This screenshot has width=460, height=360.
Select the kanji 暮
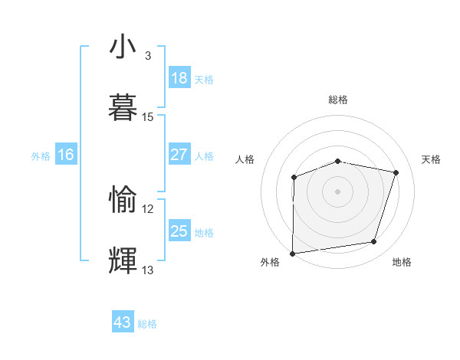[x=123, y=107]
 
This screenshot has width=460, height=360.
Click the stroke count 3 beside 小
[x=148, y=56]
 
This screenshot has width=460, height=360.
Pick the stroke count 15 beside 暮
[x=148, y=116]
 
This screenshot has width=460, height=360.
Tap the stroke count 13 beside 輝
[x=148, y=270]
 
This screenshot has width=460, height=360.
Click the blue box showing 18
[x=179, y=78]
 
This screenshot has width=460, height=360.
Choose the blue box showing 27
[x=179, y=155]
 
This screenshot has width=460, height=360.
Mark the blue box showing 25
[x=179, y=231]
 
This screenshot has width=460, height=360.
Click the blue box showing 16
[x=66, y=155]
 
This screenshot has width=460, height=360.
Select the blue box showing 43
[x=123, y=322]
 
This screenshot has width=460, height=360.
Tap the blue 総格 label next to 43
[x=147, y=324]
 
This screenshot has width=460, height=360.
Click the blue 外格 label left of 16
[x=41, y=156]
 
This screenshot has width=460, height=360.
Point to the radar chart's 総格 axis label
[x=338, y=100]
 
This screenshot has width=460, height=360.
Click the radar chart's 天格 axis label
[x=432, y=159]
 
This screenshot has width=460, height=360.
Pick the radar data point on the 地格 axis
[x=374, y=242]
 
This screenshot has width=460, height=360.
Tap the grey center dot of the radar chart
[x=338, y=191]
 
